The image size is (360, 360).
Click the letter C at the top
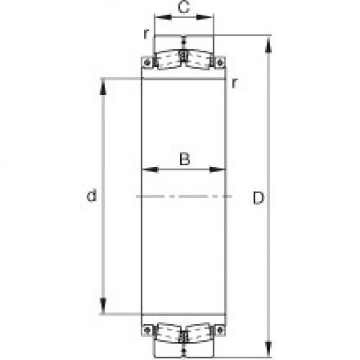click(183, 7)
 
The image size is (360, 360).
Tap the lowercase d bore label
click(92, 196)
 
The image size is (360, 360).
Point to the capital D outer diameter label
click(258, 198)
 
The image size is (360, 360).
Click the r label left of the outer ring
click(146, 33)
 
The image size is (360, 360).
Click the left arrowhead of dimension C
click(159, 17)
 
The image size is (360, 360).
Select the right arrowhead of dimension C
click(208, 17)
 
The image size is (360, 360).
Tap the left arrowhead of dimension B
click(148, 170)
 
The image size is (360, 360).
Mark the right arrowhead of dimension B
click(220, 170)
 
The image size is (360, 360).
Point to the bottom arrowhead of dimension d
click(104, 307)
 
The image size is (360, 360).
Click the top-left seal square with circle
click(148, 63)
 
